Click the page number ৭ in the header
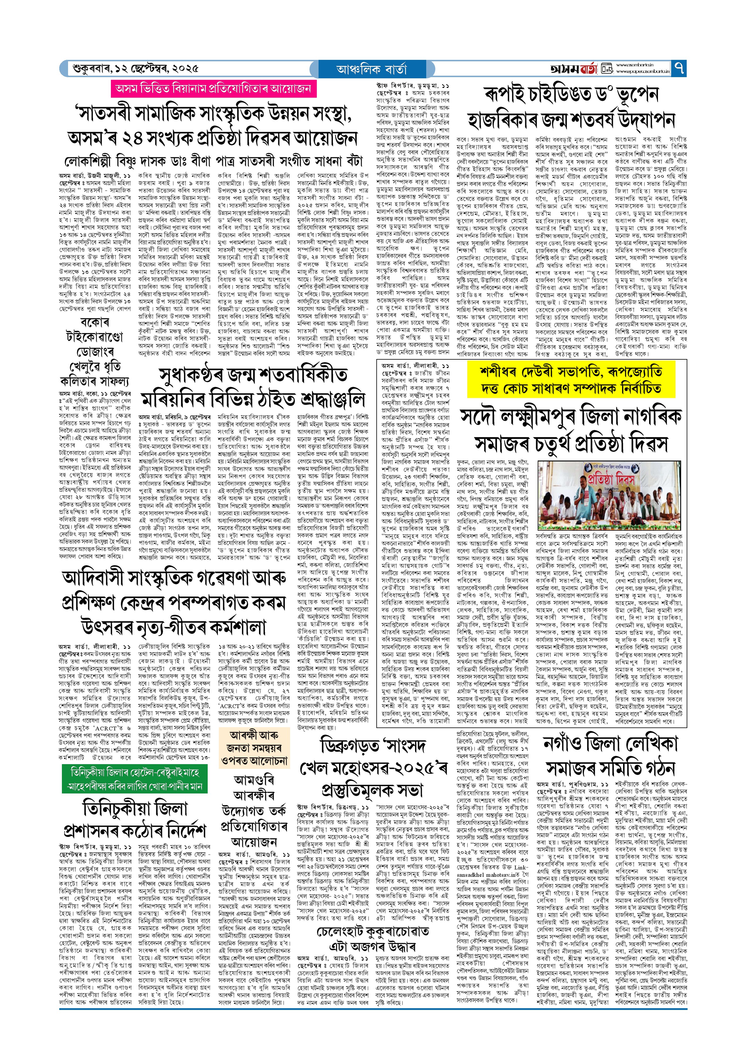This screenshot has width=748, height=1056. point(679,69)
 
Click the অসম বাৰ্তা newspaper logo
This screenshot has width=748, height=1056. point(573,69)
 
